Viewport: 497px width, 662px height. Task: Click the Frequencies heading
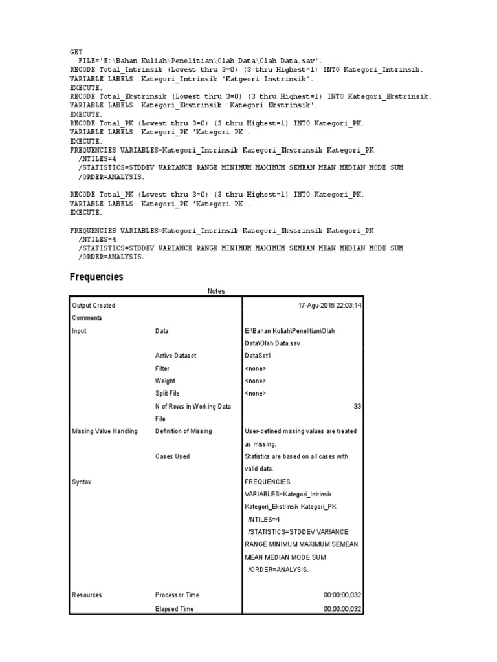(96, 277)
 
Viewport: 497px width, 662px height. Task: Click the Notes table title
(216, 291)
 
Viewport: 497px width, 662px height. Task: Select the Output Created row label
(94, 305)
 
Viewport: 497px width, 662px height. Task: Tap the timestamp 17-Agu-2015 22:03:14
(329, 305)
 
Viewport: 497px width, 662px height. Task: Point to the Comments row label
(87, 318)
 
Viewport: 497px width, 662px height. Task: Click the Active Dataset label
(175, 356)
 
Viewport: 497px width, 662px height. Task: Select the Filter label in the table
(162, 368)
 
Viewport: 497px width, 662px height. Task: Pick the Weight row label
(165, 381)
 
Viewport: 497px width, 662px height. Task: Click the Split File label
(167, 393)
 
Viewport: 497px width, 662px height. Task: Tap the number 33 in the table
(357, 406)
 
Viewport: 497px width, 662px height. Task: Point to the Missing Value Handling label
(105, 431)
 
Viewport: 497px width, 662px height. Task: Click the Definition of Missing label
(183, 431)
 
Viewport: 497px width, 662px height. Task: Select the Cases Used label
(172, 456)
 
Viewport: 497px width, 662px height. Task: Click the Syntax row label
(82, 482)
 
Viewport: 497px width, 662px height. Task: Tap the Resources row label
(87, 595)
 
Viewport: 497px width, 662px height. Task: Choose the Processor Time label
(177, 595)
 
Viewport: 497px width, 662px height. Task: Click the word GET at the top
(76, 52)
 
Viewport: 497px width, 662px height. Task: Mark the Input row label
(79, 330)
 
